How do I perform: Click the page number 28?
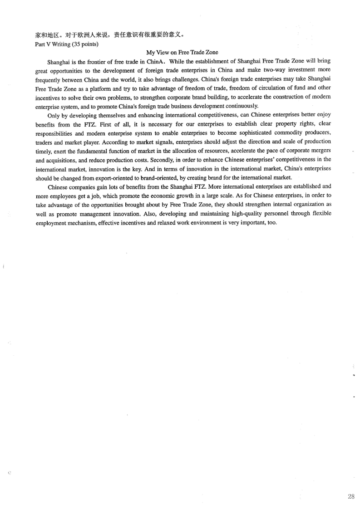(x=351, y=497)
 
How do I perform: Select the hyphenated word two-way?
(x=274, y=69)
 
